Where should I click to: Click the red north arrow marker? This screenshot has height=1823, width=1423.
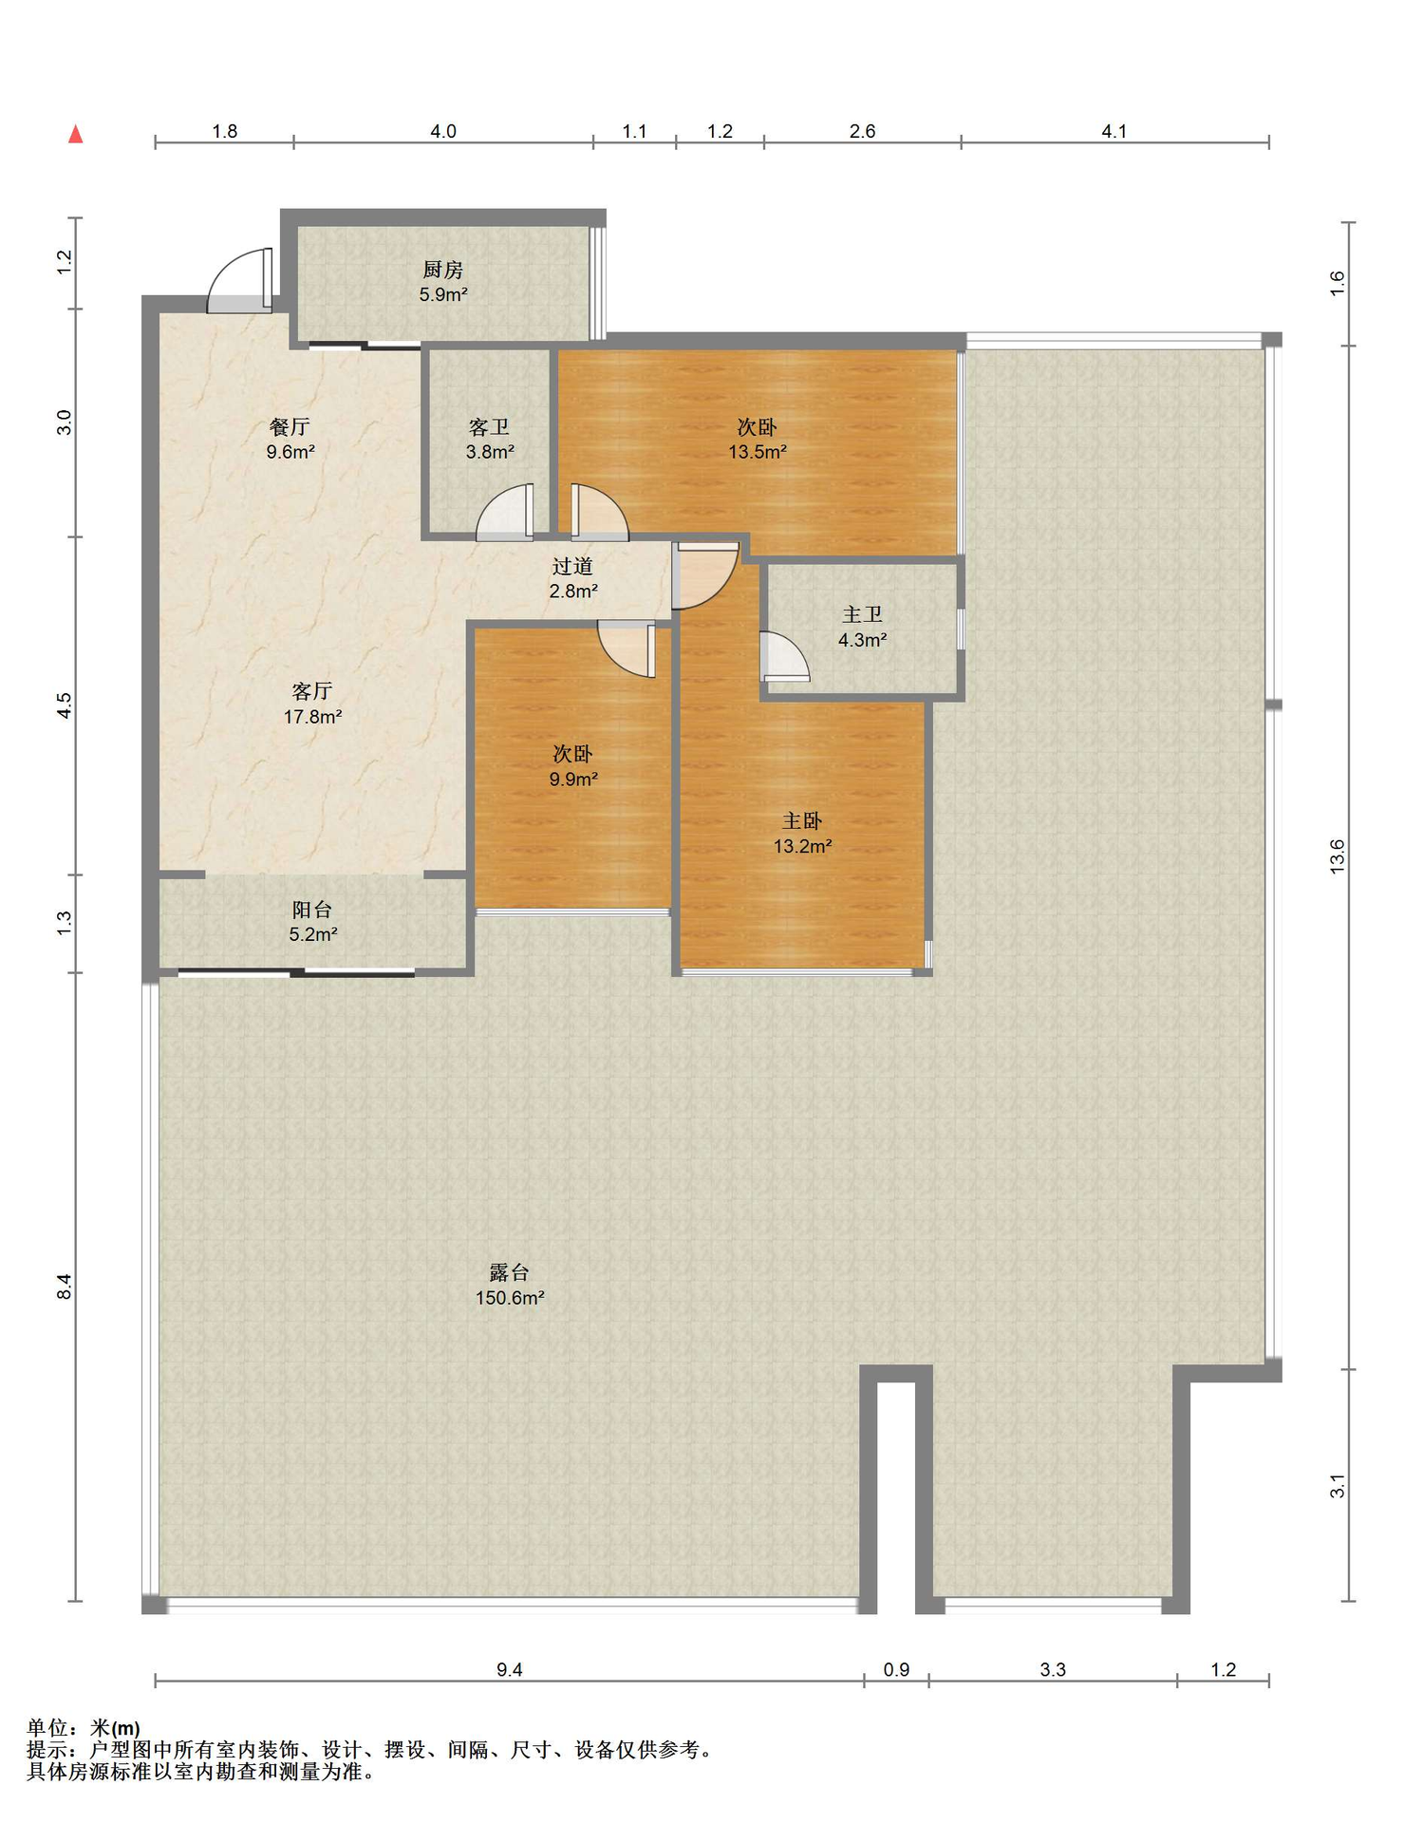click(76, 134)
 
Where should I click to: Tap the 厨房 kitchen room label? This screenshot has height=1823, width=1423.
click(443, 270)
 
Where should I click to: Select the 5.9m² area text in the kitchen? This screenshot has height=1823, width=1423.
click(443, 294)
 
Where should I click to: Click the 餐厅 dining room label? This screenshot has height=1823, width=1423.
click(290, 427)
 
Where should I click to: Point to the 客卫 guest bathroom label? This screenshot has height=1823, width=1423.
click(489, 427)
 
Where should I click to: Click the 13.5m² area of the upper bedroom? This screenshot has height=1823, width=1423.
click(758, 452)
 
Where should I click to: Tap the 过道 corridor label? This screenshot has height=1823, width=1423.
click(572, 566)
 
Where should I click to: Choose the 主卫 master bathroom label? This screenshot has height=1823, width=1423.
click(862, 614)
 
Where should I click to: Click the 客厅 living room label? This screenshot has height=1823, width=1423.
click(312, 691)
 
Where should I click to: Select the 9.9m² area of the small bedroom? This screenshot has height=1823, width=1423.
click(573, 780)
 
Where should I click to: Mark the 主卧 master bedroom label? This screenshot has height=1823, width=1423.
click(802, 820)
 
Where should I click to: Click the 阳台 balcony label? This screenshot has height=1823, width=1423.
click(312, 910)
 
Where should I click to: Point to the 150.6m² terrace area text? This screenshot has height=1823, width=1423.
click(510, 1298)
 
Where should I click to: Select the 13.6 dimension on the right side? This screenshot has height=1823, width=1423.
click(1337, 856)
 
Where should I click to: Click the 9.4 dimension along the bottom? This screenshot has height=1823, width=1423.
click(510, 1669)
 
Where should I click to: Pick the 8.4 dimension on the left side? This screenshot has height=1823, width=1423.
click(65, 1287)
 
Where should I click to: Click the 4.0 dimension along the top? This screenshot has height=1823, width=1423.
click(443, 131)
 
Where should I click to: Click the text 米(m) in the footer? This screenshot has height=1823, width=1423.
click(115, 1728)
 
